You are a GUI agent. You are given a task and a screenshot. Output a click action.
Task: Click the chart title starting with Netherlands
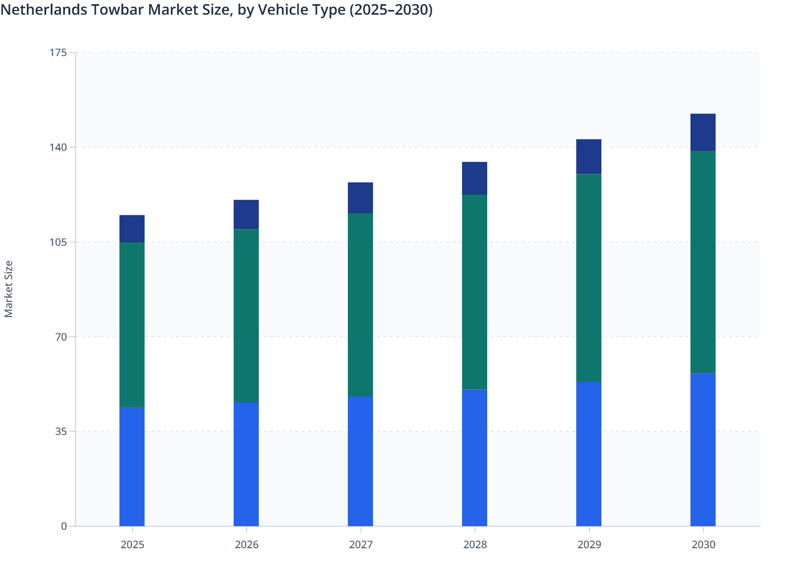216,10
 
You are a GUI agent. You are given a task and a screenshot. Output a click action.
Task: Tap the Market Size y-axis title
9,289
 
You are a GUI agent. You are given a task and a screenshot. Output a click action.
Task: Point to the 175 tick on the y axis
59,52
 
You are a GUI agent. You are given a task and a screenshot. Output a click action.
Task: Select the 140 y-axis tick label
59,147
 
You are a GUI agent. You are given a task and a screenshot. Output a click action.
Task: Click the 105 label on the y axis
59,242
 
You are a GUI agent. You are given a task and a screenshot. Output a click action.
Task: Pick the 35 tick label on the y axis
61,431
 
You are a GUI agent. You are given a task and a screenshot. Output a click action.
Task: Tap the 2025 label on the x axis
132,545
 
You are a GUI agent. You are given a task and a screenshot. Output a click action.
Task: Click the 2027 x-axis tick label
360,545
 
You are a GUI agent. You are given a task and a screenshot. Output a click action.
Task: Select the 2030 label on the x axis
703,545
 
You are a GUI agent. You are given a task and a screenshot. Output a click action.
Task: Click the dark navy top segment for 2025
132,229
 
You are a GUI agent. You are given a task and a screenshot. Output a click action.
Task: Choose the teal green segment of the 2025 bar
132,325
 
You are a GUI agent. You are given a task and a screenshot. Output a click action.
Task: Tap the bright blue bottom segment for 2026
246,464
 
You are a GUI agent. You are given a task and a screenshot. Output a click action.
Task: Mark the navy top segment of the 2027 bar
360,198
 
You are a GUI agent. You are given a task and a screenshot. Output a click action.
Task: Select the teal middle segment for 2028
475,292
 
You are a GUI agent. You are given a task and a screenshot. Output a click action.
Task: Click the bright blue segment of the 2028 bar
475,458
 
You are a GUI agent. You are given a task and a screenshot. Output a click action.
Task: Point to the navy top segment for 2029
589,157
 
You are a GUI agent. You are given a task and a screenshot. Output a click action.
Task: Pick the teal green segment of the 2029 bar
589,278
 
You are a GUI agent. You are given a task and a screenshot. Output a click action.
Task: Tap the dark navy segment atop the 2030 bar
703,133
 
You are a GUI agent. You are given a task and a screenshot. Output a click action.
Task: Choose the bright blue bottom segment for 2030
703,450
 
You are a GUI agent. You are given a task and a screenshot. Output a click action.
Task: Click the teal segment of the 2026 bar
246,316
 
